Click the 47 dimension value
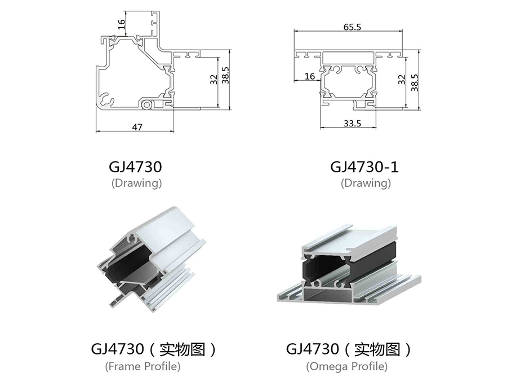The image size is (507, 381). point(137,128)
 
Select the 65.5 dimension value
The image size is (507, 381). point(352,27)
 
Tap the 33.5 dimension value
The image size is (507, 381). point(352,124)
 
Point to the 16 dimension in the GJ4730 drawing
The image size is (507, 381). point(121,24)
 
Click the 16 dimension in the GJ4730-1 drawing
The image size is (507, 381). point(309,76)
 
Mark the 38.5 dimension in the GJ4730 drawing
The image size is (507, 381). point(225,75)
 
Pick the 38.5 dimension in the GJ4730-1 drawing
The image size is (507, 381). point(414,82)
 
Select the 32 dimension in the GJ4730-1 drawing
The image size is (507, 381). point(401,80)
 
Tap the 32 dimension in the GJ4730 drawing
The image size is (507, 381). point(214,80)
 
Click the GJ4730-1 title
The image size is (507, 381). point(364,167)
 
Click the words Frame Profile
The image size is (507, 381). point(143,366)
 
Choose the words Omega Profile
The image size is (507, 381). point(346,366)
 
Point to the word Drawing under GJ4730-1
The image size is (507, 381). point(366,183)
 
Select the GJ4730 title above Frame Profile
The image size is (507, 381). point(117,349)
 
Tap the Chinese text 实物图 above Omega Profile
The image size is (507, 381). point(377,349)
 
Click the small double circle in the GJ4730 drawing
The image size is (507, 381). point(147,104)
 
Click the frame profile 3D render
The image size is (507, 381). point(152,259)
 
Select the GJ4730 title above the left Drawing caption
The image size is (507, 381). point(135,167)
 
